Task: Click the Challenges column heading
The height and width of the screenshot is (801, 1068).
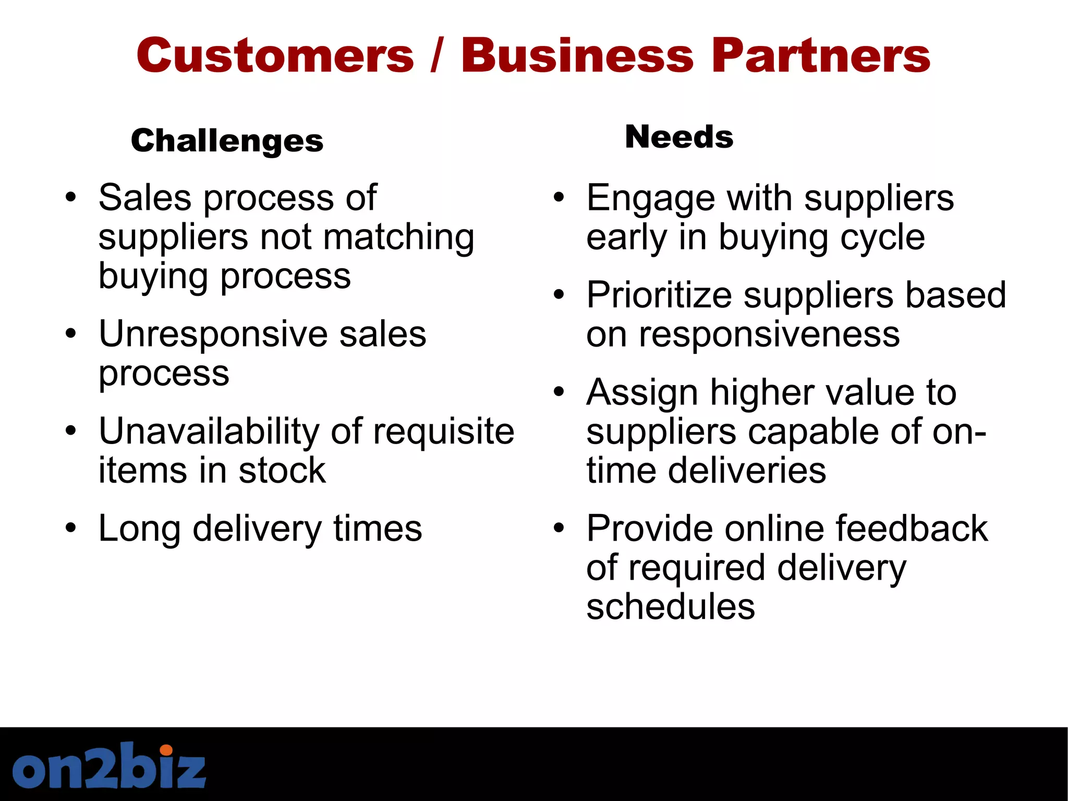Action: click(x=227, y=141)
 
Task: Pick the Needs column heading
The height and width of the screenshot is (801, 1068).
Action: click(x=679, y=137)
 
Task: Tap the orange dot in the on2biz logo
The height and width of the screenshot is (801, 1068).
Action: click(x=166, y=750)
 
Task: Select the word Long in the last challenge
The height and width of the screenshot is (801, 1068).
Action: click(x=139, y=529)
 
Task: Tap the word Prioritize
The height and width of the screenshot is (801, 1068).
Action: click(x=659, y=295)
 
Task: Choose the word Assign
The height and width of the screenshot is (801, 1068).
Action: click(x=641, y=393)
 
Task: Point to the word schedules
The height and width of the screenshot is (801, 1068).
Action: click(x=671, y=606)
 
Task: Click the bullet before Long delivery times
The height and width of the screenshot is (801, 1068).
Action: click(x=71, y=528)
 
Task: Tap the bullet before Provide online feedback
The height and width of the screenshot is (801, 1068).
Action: click(x=559, y=528)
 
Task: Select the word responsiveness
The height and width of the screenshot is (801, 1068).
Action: click(x=769, y=334)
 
